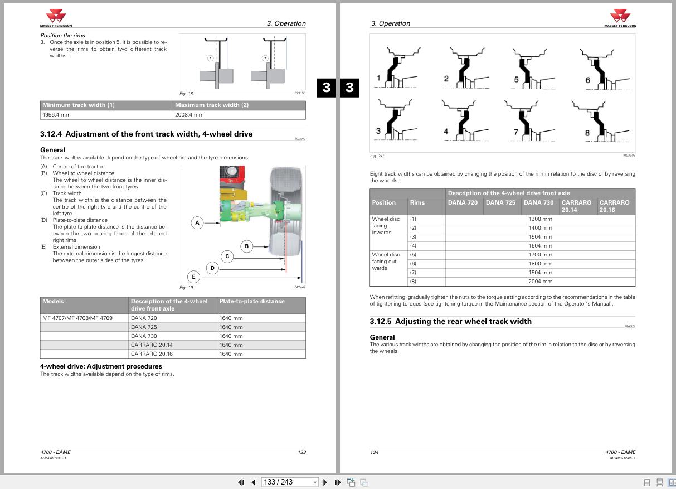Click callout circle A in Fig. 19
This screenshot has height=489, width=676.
[x=197, y=223]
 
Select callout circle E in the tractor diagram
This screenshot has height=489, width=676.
[x=193, y=277]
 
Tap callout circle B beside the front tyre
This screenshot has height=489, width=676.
[x=246, y=246]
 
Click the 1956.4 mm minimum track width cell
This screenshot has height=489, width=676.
[x=107, y=115]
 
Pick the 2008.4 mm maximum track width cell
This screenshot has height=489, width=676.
[x=240, y=115]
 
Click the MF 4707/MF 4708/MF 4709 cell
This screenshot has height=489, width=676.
[x=77, y=318]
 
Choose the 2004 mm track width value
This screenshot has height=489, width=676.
[x=540, y=282]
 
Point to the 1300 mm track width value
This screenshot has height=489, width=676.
[x=540, y=219]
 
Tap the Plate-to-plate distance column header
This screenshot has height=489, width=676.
[x=252, y=301]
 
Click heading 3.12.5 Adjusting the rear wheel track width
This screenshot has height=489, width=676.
[x=450, y=321]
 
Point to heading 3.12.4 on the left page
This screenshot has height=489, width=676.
[x=146, y=134]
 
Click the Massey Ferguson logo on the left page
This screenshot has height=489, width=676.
[x=56, y=17]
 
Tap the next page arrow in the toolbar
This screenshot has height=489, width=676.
[x=325, y=482]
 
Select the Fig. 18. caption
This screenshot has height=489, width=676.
[x=186, y=94]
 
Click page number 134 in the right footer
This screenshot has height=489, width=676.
[x=375, y=452]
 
